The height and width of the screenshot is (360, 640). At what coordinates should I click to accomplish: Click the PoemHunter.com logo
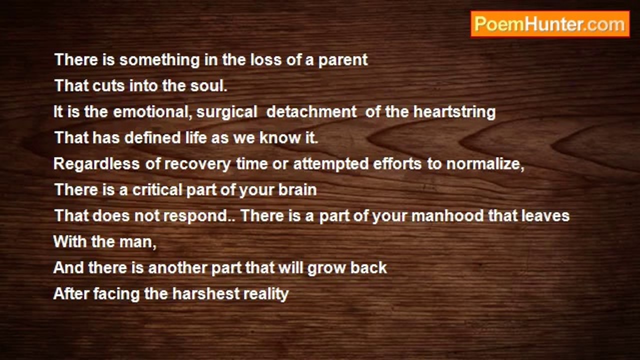click(x=550, y=24)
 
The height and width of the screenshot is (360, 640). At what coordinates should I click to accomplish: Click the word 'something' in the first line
click(x=159, y=60)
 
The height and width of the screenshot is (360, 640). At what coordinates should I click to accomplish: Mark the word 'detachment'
click(x=311, y=111)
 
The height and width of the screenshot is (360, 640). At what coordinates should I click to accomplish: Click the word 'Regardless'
click(x=96, y=164)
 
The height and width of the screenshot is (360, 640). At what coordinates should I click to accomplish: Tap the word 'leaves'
click(x=545, y=215)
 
